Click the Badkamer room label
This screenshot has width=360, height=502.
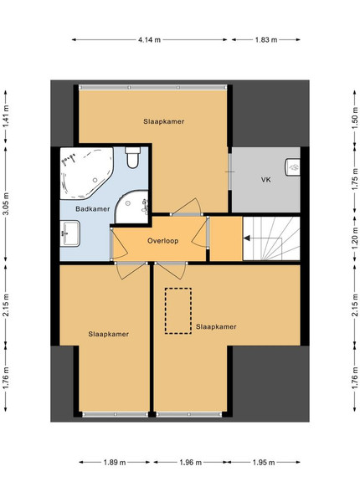[93, 209]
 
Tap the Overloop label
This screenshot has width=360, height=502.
[162, 241]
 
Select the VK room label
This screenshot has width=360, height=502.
[266, 180]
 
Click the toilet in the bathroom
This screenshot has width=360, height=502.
[132, 157]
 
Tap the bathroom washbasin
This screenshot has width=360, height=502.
[69, 233]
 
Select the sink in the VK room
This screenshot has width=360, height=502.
[293, 167]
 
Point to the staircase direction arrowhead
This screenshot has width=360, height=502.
[247, 238]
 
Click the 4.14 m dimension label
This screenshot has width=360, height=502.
[149, 40]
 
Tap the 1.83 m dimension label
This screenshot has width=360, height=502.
[266, 40]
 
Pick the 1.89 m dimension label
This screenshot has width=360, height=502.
[115, 463]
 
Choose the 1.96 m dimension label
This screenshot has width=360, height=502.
[191, 463]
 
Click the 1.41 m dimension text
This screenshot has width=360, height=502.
[6, 116]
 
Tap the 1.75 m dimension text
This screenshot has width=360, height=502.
[355, 179]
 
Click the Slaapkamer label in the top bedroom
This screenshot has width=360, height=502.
[163, 121]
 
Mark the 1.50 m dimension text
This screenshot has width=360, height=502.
[355, 119]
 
